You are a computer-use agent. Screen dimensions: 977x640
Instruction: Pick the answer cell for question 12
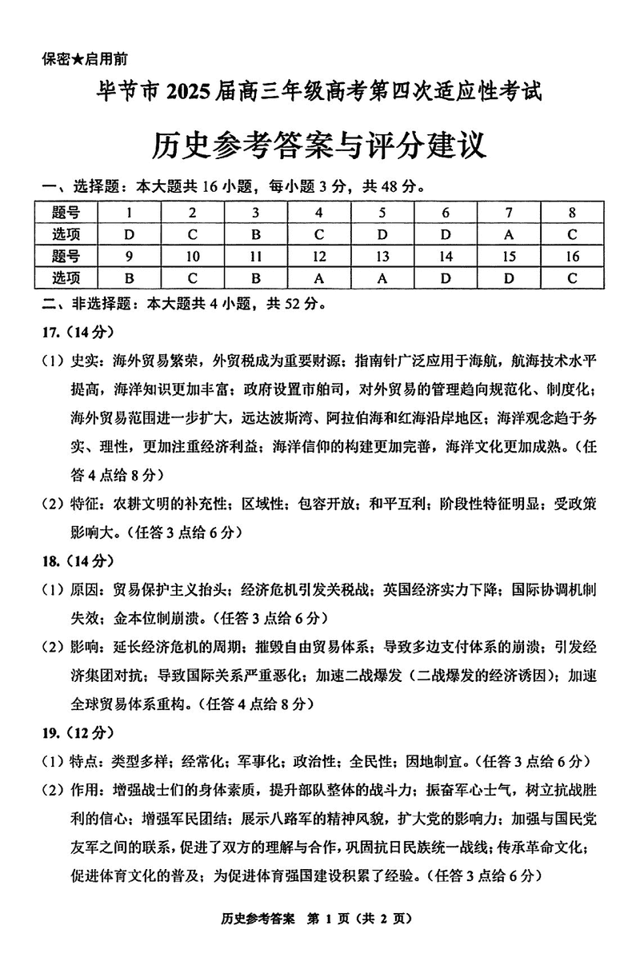[x=318, y=277]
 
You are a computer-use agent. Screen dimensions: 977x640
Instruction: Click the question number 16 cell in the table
[x=571, y=256]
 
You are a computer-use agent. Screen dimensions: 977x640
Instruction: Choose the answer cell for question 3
[x=256, y=234]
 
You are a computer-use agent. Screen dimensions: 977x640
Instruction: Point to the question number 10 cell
[x=192, y=256]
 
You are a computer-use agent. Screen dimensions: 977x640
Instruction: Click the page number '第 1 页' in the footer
[x=333, y=941]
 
